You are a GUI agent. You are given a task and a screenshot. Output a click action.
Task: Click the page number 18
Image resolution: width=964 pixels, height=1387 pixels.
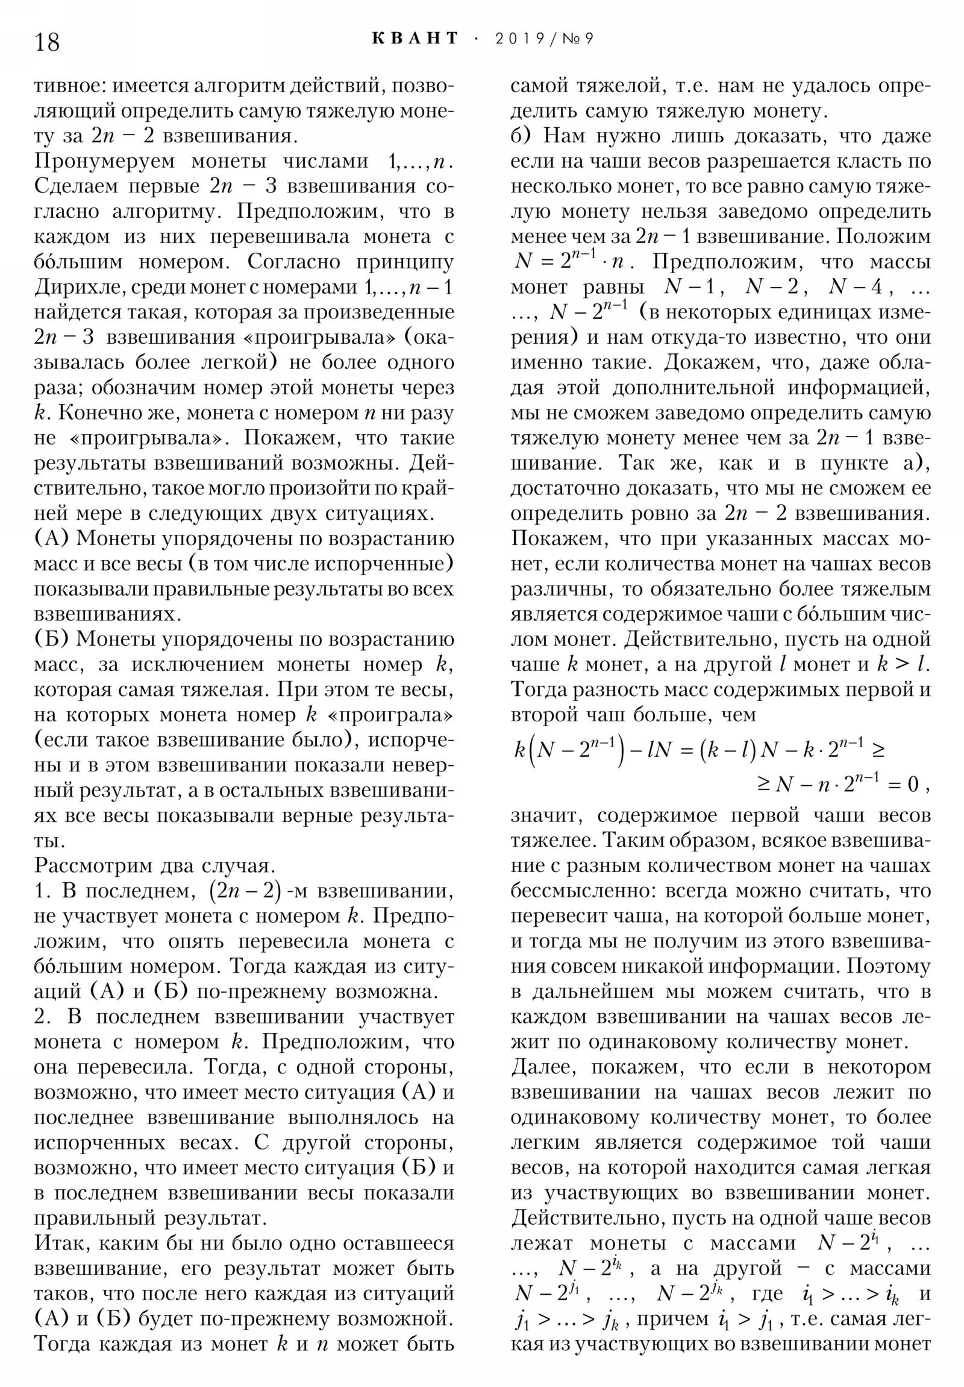(x=47, y=42)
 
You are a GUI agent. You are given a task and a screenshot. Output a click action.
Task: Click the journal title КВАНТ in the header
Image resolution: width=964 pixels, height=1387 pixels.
(x=415, y=39)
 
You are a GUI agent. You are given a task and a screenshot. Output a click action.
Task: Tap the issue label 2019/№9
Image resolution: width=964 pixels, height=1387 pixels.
(x=544, y=39)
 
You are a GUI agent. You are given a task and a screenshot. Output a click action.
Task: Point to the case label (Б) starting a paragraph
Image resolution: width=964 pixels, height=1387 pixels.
(x=52, y=639)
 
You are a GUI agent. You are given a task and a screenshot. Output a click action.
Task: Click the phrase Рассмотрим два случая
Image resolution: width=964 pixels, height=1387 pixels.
(x=154, y=865)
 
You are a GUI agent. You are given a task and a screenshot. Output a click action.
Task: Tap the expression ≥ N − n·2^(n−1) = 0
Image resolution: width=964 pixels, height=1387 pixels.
(x=839, y=785)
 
